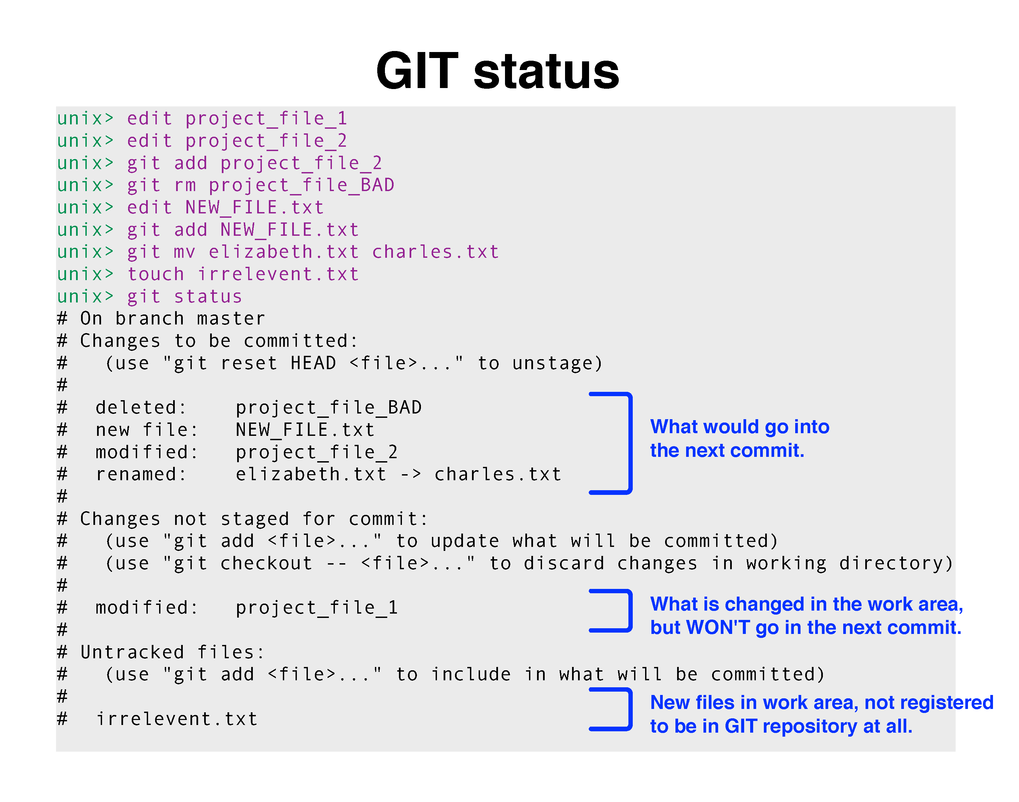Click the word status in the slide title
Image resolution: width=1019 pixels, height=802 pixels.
click(547, 72)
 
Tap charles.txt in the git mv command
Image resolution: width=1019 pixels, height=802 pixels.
click(435, 252)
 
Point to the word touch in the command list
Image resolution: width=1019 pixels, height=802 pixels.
click(156, 274)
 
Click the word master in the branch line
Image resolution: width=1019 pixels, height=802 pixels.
click(231, 319)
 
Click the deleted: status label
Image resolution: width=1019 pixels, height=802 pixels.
click(141, 408)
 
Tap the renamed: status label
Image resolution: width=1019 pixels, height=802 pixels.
click(141, 474)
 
